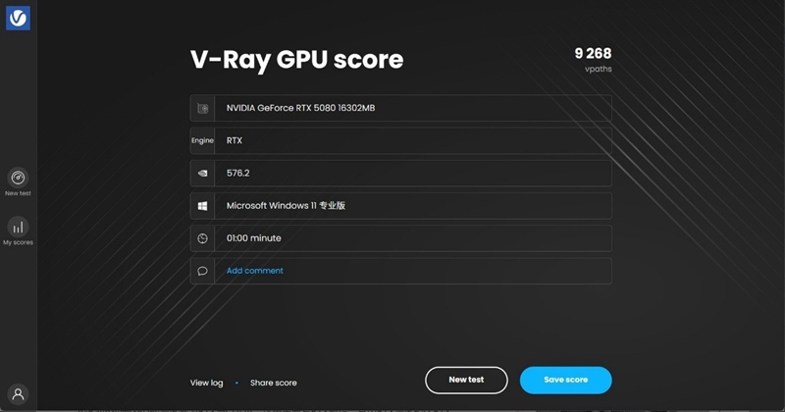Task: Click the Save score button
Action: click(565, 380)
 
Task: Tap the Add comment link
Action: click(255, 271)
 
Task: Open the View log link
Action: click(206, 383)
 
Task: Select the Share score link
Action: click(273, 383)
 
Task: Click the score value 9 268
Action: click(593, 54)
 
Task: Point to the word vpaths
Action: click(599, 70)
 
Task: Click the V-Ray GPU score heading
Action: click(296, 59)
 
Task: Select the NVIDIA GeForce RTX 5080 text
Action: click(300, 108)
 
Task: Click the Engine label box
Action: click(202, 140)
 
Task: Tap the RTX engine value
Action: click(235, 140)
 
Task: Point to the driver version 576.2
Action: click(238, 173)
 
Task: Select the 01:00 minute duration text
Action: click(253, 238)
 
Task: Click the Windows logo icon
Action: click(202, 206)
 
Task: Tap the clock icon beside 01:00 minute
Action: click(202, 238)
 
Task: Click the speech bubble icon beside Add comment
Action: click(202, 271)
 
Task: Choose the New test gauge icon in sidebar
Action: click(18, 179)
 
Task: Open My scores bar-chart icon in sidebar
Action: click(18, 228)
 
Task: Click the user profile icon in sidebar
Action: click(18, 394)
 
